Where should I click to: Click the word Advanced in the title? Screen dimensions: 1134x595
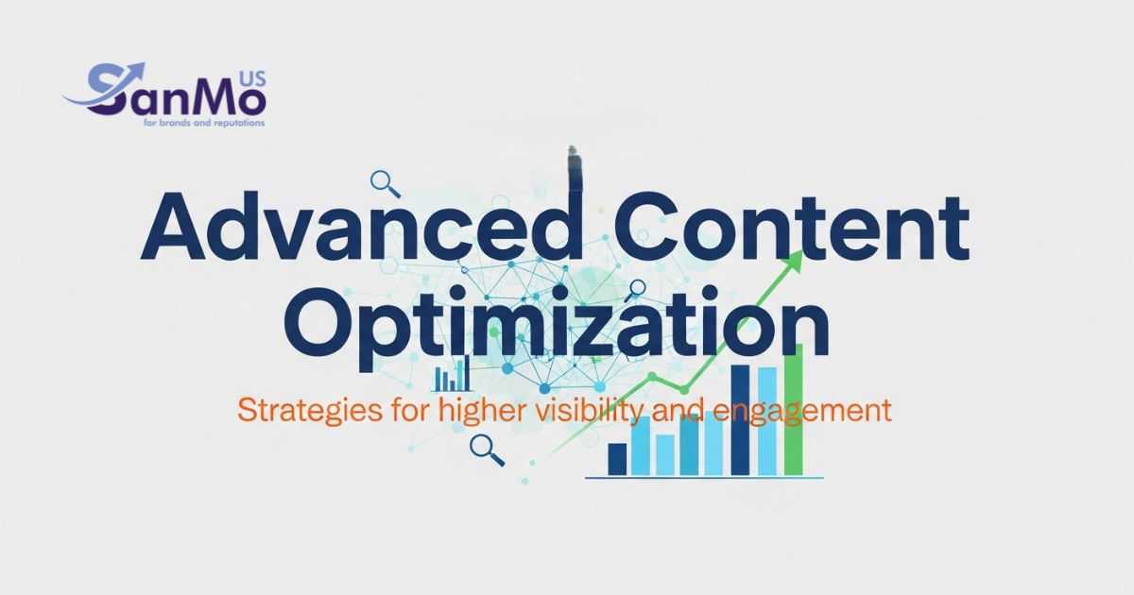tap(363, 226)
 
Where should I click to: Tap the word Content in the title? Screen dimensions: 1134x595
tap(791, 226)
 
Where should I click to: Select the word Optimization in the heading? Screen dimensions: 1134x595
tap(560, 324)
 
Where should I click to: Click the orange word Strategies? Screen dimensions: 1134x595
tap(310, 410)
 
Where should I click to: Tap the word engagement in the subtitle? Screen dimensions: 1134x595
tap(804, 412)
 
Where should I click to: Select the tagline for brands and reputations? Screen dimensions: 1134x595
tap(204, 123)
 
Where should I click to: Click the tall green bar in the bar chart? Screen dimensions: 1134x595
tap(793, 410)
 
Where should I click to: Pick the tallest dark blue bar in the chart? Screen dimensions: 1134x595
tap(740, 420)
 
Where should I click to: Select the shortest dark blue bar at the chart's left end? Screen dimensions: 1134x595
tap(617, 459)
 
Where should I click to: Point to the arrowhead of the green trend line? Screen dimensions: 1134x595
tap(795, 261)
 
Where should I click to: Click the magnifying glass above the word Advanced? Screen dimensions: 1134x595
tap(386, 184)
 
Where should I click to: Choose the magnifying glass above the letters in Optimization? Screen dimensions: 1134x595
tap(635, 291)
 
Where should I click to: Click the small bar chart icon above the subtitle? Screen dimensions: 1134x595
tap(452, 373)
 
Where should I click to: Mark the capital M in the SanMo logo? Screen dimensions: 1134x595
tap(212, 100)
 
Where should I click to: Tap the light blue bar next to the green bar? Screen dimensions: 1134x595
tap(767, 421)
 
